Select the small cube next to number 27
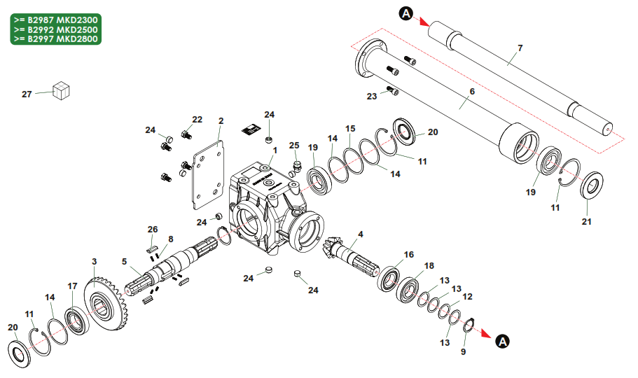(x=62, y=90)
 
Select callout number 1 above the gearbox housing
(x=275, y=150)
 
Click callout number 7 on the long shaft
(x=520, y=48)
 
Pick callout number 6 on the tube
(x=471, y=92)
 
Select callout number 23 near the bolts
(x=372, y=96)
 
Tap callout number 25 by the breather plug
(x=294, y=146)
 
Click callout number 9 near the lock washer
(x=463, y=352)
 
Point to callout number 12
(x=468, y=296)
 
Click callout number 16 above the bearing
(x=409, y=254)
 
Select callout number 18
(x=429, y=266)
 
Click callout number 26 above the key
(x=153, y=229)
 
